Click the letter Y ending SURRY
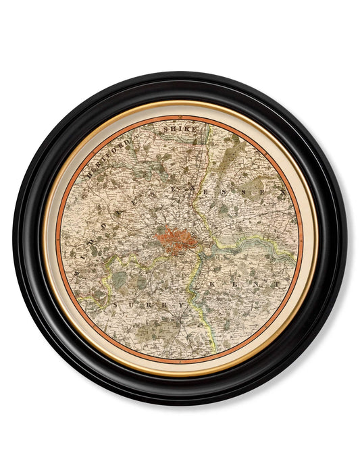pos(179,305)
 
